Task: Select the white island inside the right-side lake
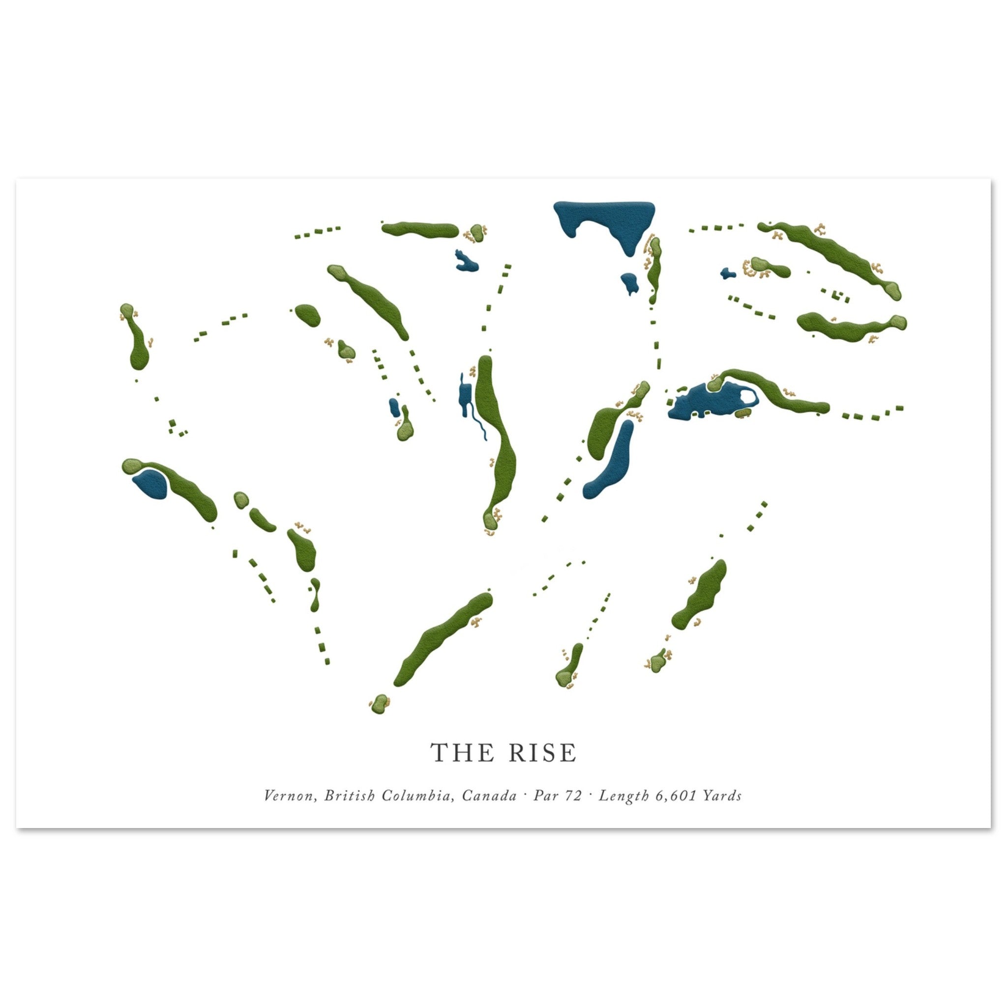749,399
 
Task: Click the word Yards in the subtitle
722,796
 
